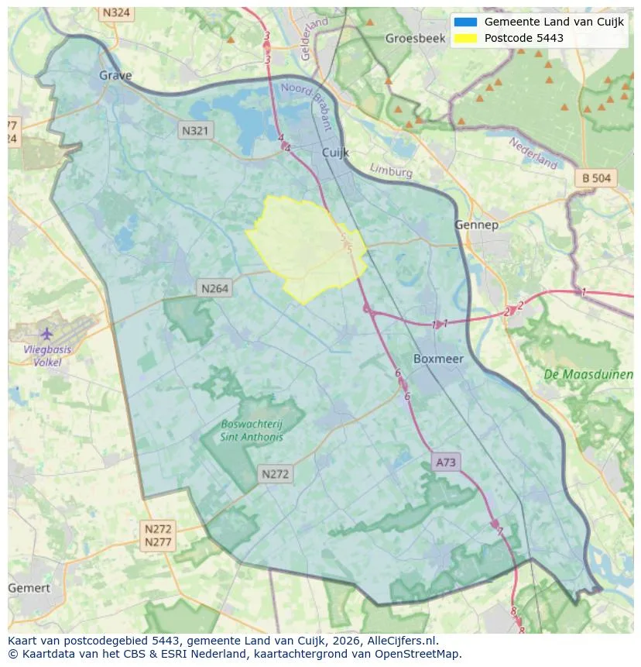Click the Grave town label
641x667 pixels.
[x=115, y=75]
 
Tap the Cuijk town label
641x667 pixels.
[x=336, y=153]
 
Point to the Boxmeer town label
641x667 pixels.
[x=438, y=359]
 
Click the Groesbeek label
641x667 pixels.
[x=410, y=38]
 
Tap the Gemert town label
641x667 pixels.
[x=29, y=588]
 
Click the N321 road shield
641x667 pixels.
[x=194, y=131]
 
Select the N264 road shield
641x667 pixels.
[x=214, y=288]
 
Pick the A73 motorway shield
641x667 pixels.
[x=446, y=462]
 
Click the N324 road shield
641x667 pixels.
[x=116, y=13]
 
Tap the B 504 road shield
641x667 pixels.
[x=596, y=178]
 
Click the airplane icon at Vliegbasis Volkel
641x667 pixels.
[x=46, y=333]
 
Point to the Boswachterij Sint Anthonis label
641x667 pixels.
[x=252, y=431]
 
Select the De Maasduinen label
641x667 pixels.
[x=588, y=374]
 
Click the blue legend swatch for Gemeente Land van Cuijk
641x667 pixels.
[x=465, y=22]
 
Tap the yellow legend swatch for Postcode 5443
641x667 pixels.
[x=465, y=38]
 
